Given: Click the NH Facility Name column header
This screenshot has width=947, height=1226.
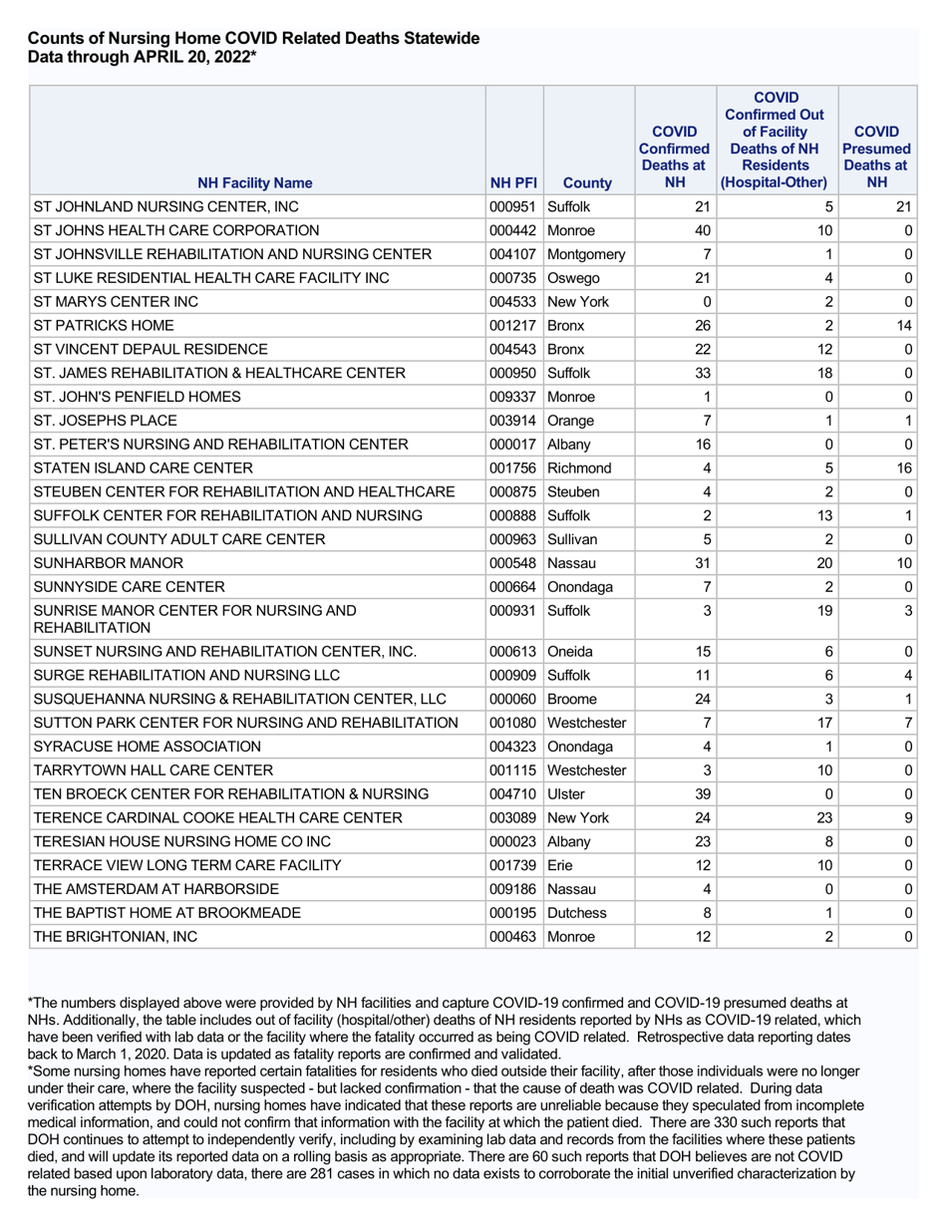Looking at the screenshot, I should pos(254,183).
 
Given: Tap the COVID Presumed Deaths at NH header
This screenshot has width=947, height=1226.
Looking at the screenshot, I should pos(876,156).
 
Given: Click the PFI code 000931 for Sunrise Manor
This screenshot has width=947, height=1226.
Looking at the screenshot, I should pos(513,608).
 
